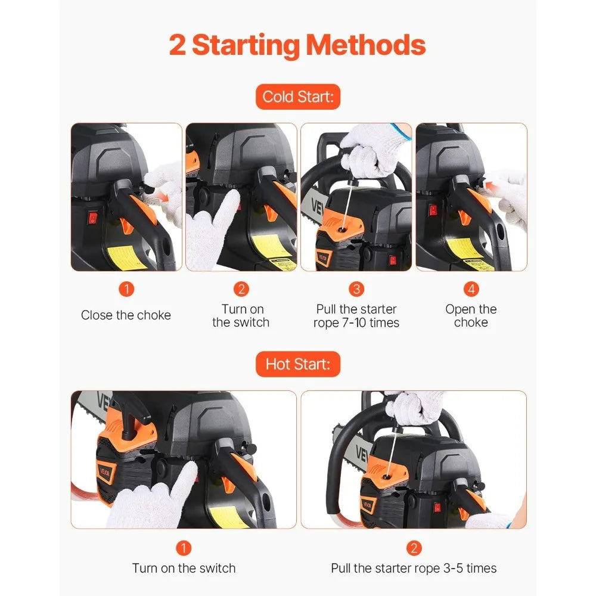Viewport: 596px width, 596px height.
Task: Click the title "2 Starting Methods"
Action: (297, 46)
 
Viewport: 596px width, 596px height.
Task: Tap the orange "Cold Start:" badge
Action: (297, 97)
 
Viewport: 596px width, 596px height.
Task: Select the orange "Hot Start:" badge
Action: (297, 364)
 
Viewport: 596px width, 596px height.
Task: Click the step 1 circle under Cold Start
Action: (126, 290)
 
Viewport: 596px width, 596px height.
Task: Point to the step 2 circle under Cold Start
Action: (241, 290)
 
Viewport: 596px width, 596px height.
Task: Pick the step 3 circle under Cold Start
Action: (356, 290)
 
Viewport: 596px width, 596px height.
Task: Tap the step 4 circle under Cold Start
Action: (471, 290)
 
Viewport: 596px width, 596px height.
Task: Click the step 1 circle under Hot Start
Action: (184, 548)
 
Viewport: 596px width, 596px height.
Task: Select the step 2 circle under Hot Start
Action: (414, 548)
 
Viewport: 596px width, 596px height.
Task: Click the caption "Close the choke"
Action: (126, 315)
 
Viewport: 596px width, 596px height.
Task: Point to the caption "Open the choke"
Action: (471, 316)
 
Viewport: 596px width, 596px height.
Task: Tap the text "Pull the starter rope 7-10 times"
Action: (356, 316)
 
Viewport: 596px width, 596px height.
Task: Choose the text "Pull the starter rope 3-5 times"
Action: (414, 568)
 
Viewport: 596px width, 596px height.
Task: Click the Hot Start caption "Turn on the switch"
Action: (184, 568)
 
